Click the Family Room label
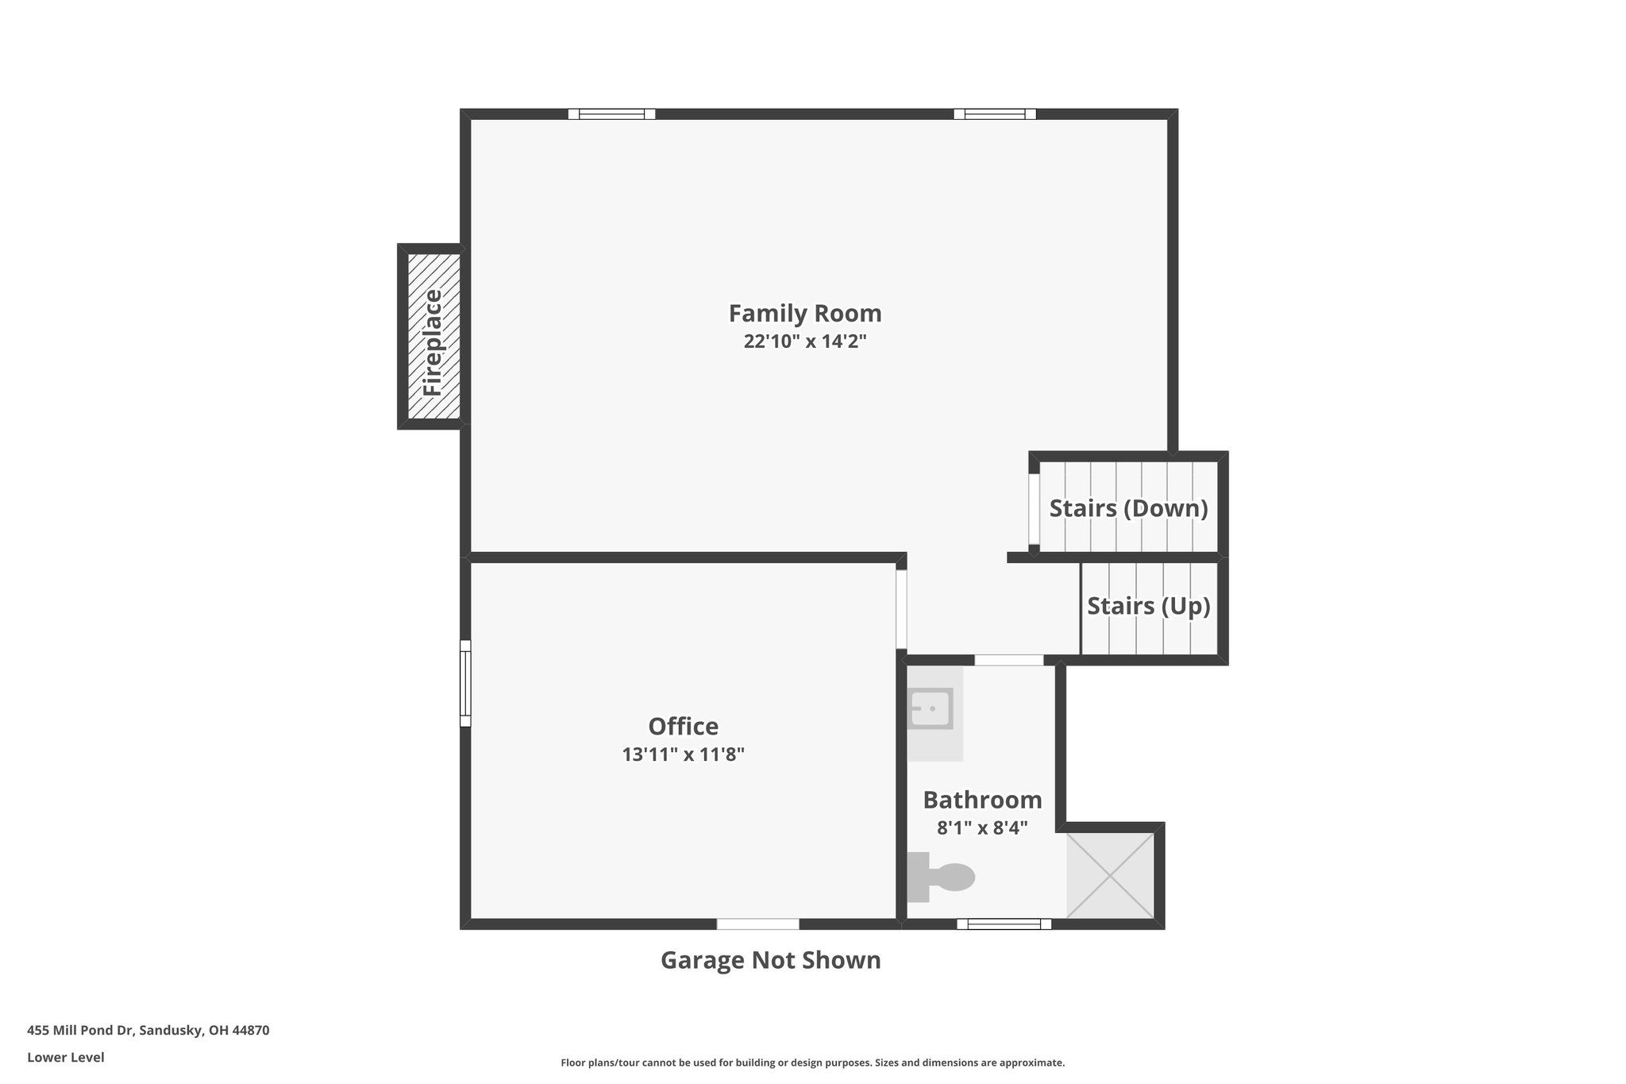pos(805,314)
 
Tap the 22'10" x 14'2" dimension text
pos(805,341)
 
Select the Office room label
pos(684,727)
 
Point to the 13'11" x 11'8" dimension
pos(684,754)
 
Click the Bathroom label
pos(982,800)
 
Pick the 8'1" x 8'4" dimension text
pos(982,828)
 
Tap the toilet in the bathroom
pos(941,877)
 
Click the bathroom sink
pos(931,708)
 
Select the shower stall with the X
pos(1110,876)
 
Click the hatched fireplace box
pos(433,336)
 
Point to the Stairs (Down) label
pos(1128,508)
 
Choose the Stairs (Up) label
pos(1148,606)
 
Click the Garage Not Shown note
pos(771,960)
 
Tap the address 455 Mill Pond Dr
pos(83,1031)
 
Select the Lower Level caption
pos(66,1058)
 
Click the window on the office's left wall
pos(465,683)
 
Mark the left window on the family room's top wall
pos(611,114)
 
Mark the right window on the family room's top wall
pos(995,114)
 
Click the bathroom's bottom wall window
pos(1004,924)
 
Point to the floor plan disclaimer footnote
pos(813,1063)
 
